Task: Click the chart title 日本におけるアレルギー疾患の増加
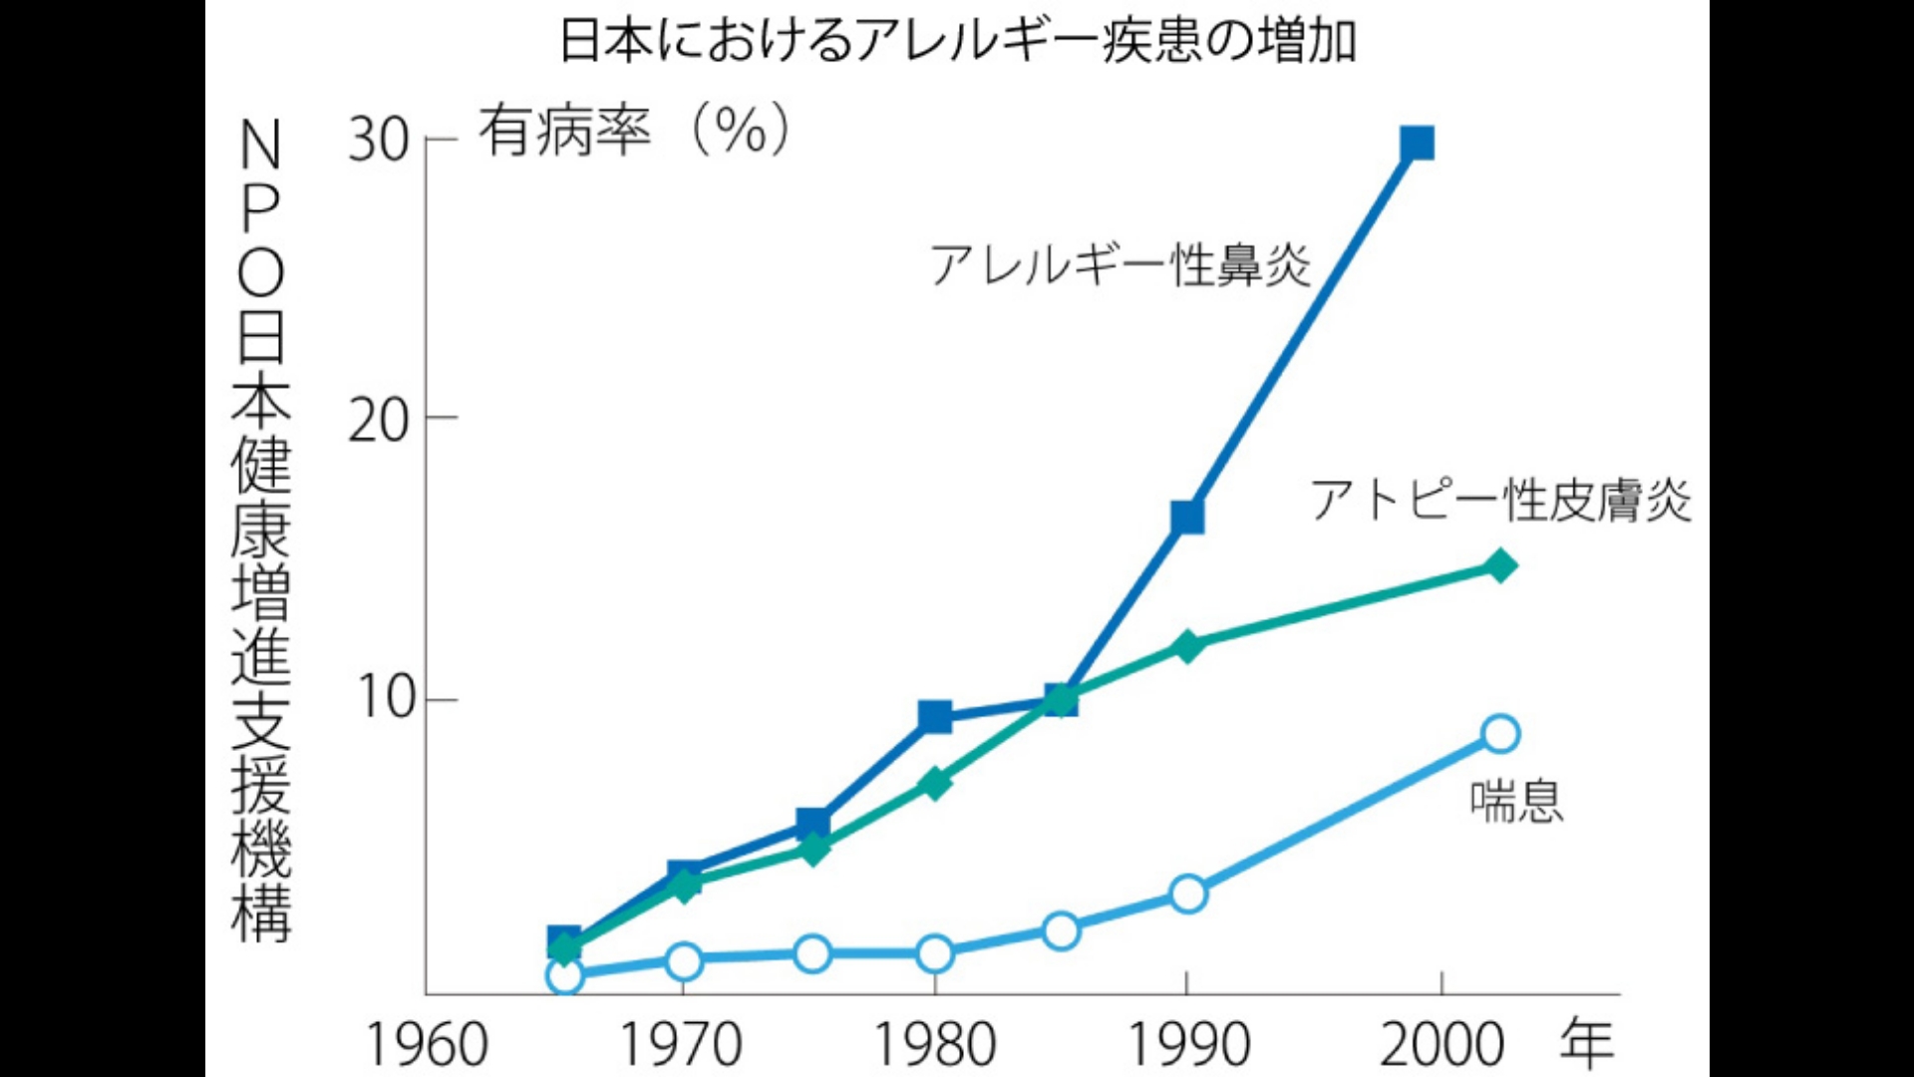point(957,42)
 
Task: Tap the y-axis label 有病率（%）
point(634,131)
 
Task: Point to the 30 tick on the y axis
point(379,141)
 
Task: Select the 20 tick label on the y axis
point(379,419)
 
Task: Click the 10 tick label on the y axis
point(385,698)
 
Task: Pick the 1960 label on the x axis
point(427,1045)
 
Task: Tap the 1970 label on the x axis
point(681,1045)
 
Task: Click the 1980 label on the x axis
point(934,1045)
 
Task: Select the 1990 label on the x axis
point(1187,1045)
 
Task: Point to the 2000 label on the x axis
point(1440,1045)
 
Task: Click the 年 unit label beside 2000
point(1586,1043)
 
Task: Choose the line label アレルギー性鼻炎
point(1120,265)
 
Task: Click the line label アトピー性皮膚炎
point(1501,500)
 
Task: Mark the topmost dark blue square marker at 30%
point(1417,144)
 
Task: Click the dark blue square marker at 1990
point(1187,517)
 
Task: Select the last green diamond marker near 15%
point(1499,566)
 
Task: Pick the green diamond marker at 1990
point(1187,646)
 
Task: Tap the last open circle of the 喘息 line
point(1500,734)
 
